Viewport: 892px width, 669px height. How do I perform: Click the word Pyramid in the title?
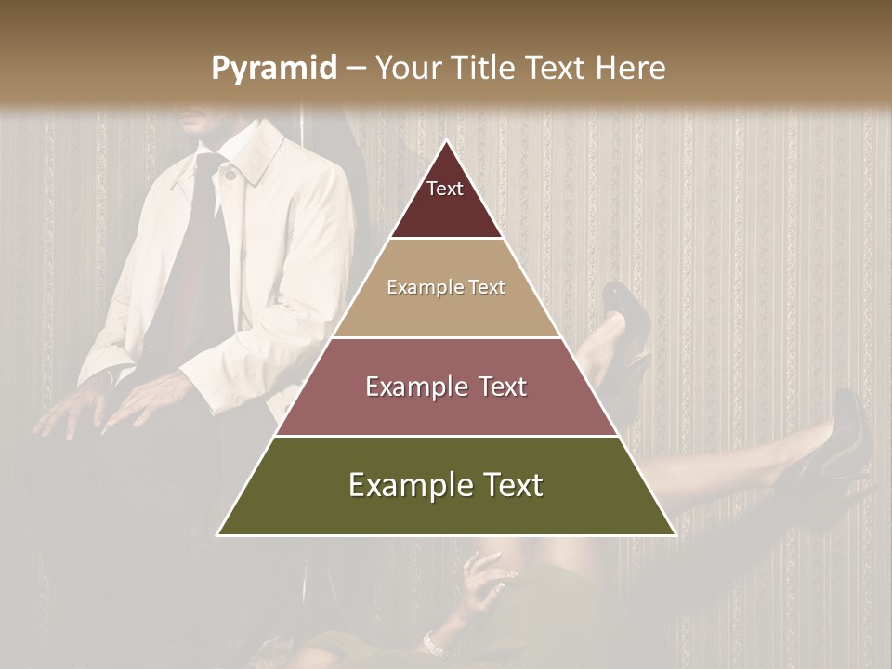[x=273, y=69]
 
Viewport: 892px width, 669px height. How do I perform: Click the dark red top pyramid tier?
[x=446, y=200]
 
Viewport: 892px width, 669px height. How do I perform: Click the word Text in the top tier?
[x=445, y=189]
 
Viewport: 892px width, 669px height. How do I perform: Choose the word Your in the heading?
[x=406, y=68]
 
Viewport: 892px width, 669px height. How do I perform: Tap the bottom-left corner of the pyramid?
[x=217, y=535]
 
